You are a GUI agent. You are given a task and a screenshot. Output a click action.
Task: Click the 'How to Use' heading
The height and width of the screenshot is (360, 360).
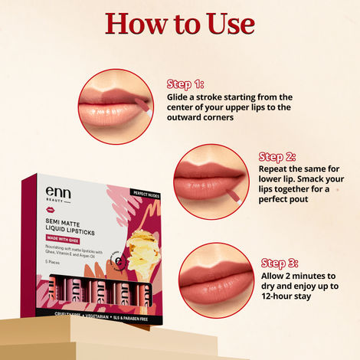180,23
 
